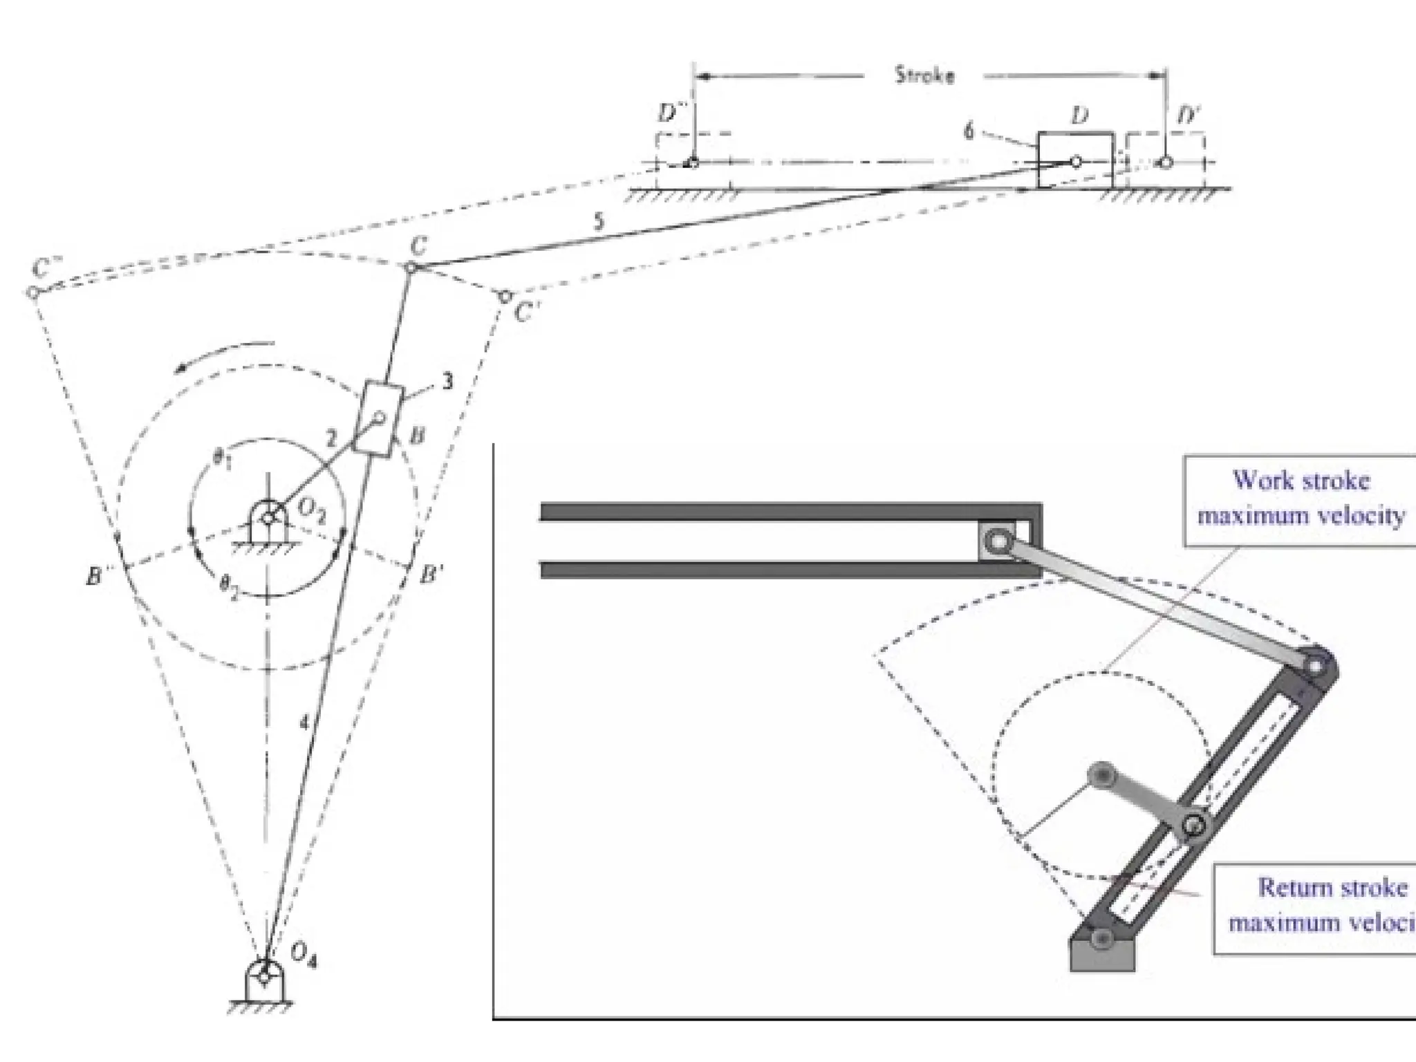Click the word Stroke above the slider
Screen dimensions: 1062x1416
[x=924, y=75]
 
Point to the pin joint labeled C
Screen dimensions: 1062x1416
[x=411, y=267]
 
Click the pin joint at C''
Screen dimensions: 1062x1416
[x=32, y=292]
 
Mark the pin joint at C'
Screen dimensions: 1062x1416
[x=505, y=297]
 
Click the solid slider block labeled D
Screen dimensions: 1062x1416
[x=1075, y=160]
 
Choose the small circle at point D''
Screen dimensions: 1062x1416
[x=692, y=163]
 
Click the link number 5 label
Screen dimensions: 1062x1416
[x=598, y=222]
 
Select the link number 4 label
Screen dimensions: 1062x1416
[x=304, y=723]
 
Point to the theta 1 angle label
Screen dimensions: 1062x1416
[x=221, y=460]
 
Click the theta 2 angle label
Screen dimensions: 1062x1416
[x=229, y=588]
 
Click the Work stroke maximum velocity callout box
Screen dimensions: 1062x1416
[x=1300, y=499]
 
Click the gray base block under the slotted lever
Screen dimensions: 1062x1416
[x=1102, y=953]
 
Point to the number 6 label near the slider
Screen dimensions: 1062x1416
[x=969, y=131]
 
